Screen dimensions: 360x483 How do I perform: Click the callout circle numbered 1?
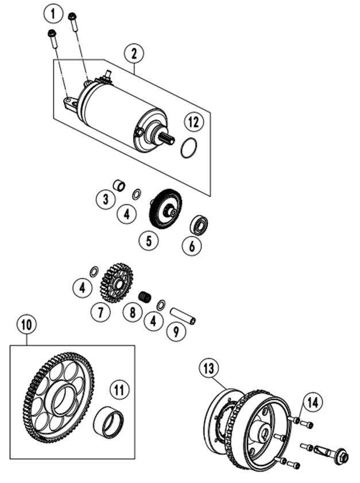(x=53, y=14)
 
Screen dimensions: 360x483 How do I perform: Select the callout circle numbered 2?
(x=134, y=54)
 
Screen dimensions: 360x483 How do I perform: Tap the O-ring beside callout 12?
(x=188, y=148)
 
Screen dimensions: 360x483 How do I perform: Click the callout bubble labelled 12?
(x=194, y=122)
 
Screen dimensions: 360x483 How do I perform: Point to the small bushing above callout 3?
(x=119, y=186)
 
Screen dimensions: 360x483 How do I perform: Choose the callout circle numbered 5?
(x=149, y=241)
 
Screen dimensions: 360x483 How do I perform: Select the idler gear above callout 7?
(x=117, y=283)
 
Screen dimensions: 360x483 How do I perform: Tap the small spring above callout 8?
(x=145, y=297)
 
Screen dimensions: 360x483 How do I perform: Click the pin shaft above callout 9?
(x=183, y=316)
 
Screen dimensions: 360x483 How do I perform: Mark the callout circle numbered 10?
(x=26, y=324)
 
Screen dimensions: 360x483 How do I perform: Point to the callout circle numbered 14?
(x=313, y=402)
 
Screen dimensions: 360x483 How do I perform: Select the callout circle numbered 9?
(x=176, y=331)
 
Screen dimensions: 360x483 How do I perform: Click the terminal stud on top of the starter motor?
(x=108, y=74)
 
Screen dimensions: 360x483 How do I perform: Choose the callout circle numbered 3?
(x=105, y=199)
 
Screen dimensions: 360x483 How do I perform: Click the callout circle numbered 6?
(x=192, y=246)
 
